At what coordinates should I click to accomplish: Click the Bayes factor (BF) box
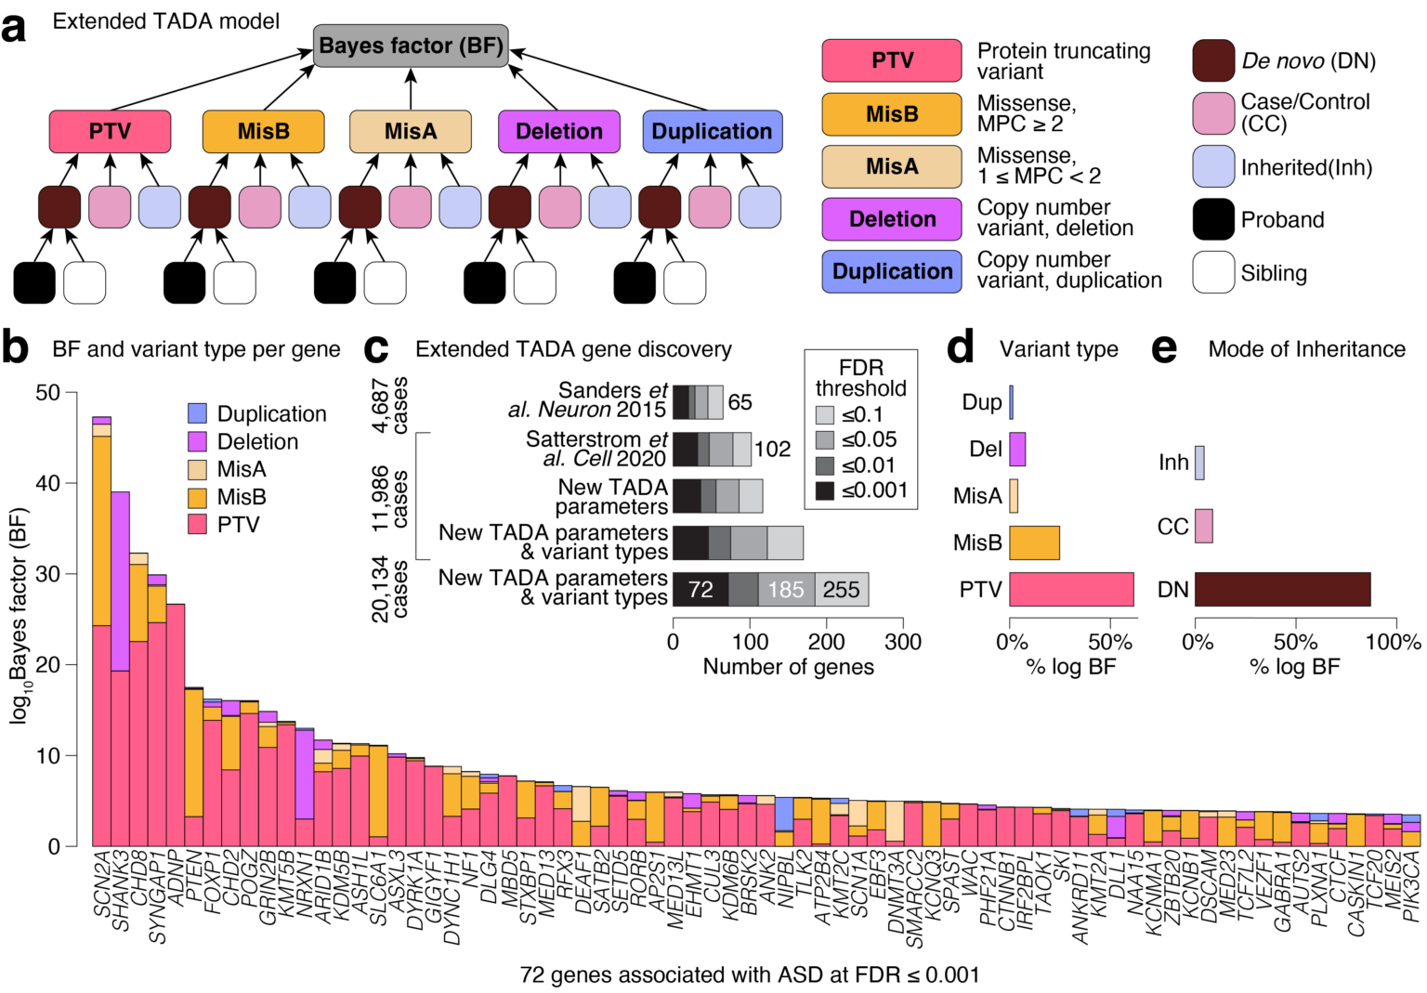[411, 46]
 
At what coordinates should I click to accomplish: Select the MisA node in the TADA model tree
[410, 131]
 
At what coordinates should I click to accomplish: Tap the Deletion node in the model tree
[558, 131]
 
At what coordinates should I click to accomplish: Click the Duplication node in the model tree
[712, 131]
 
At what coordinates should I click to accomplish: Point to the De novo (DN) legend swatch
[1213, 60]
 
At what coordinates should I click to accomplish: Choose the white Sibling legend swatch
[1213, 272]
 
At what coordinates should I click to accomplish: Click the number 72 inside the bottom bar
[700, 590]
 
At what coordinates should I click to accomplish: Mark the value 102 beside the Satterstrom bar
[772, 450]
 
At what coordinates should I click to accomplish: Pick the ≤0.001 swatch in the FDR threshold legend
[825, 490]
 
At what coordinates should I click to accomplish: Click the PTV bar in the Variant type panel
[1071, 590]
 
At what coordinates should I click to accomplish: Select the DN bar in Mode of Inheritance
[1282, 590]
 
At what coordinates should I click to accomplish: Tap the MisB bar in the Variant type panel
[1034, 542]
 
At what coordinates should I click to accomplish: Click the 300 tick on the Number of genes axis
[902, 642]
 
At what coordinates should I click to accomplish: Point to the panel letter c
[376, 349]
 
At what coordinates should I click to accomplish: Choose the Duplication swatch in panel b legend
[197, 413]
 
